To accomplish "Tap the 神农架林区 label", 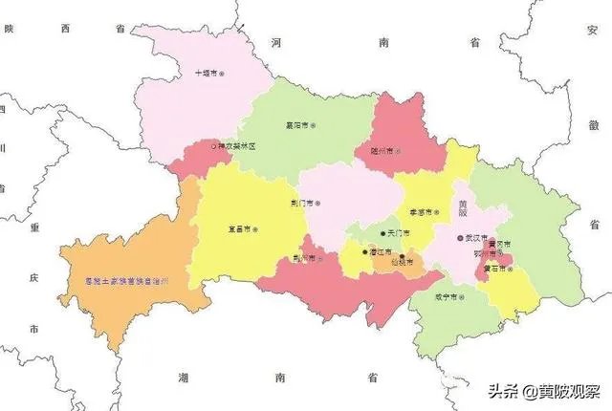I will pos(238,147).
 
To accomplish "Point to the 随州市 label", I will pos(382,150).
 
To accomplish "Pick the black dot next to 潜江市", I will pos(362,252).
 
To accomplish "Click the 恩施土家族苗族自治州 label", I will pos(125,281).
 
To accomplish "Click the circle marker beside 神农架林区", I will pos(213,147).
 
